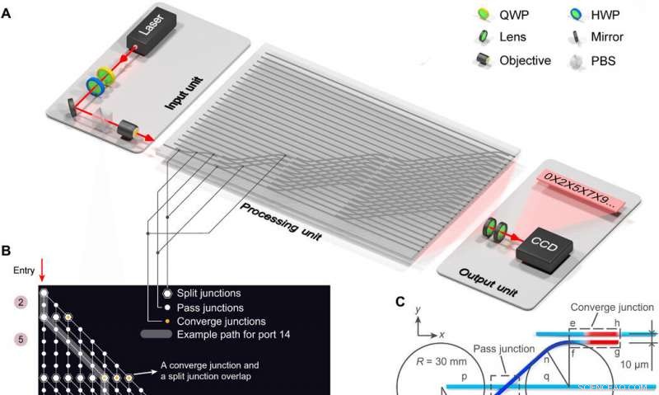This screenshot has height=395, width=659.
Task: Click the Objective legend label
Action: click(525, 60)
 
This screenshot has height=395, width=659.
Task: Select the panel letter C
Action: click(400, 301)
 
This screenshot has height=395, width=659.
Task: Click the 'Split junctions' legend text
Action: click(216, 293)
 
